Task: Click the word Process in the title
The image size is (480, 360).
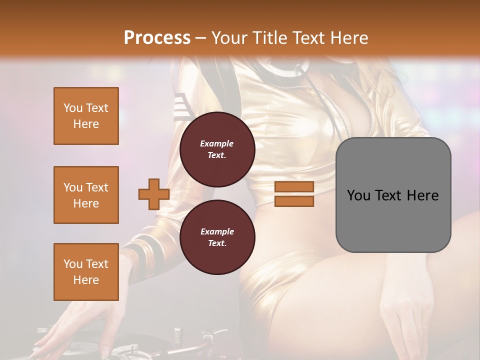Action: tap(157, 37)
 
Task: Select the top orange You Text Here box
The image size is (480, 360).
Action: tap(86, 116)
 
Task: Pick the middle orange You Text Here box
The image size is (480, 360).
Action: tap(86, 195)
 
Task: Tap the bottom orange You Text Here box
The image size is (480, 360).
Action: tap(86, 272)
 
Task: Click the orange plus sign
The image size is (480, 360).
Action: tap(154, 194)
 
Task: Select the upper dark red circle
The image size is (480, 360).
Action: tap(217, 149)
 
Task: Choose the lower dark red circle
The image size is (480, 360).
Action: tap(217, 237)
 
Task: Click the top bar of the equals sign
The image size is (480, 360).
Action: tap(294, 187)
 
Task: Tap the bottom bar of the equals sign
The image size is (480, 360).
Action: tap(294, 201)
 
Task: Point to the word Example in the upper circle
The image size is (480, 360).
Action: tap(217, 143)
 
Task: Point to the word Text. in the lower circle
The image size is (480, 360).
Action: tap(217, 243)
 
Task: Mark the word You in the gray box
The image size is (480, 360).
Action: tap(359, 195)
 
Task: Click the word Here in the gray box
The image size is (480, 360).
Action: tap(422, 195)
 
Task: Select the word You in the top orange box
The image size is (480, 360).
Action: tap(73, 108)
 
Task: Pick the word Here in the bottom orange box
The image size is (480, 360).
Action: tap(86, 280)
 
